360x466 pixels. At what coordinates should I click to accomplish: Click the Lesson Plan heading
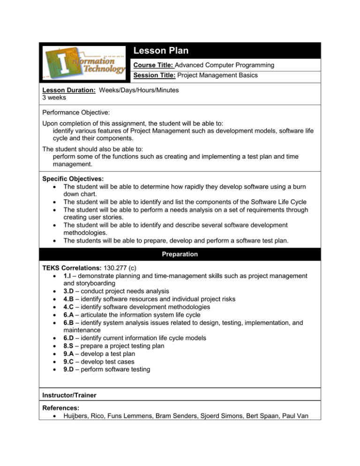160,51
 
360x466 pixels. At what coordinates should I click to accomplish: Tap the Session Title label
155,75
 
